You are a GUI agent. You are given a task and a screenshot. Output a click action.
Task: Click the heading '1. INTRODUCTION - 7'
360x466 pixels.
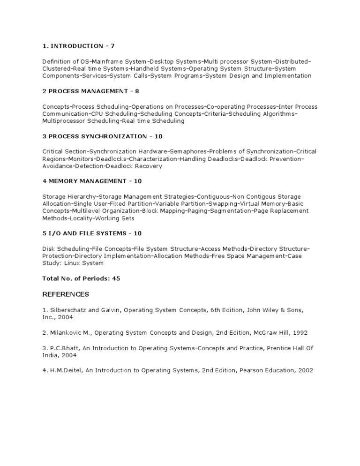(x=78, y=46)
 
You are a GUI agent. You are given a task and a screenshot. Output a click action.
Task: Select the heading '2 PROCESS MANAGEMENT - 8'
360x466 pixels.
(x=90, y=91)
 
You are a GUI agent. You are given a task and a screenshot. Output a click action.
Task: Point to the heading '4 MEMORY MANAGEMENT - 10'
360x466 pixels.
(x=92, y=181)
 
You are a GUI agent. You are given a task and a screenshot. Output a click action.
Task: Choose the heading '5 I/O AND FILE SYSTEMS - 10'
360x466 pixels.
(x=92, y=233)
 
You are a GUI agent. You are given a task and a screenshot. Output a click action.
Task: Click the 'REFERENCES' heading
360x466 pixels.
(x=66, y=294)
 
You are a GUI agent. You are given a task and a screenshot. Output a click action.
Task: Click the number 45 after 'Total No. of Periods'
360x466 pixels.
(x=116, y=278)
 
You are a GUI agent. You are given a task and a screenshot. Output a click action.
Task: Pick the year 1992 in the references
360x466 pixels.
(x=299, y=332)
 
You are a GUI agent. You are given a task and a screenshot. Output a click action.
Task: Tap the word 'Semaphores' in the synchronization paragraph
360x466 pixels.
(x=188, y=151)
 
